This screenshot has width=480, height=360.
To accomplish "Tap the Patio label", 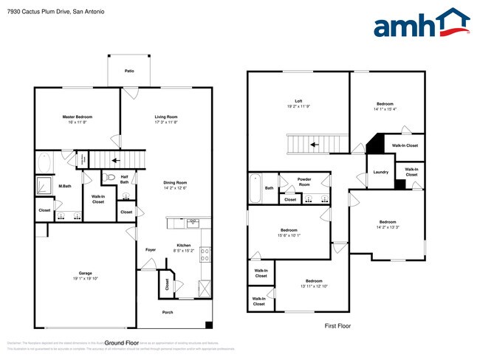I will (x=129, y=71).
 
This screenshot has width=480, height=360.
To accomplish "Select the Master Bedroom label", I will (x=77, y=117).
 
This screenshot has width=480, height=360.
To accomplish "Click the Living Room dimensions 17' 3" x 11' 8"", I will (x=165, y=122).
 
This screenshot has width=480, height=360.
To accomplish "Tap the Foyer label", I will (x=151, y=249).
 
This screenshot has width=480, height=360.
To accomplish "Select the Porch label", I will (x=168, y=312).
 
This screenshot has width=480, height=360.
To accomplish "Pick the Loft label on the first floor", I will (x=298, y=101).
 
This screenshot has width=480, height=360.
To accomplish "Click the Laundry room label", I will (x=380, y=172).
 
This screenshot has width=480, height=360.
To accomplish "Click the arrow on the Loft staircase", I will (x=314, y=145).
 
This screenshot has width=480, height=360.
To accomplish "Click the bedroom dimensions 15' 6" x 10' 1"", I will (x=289, y=235).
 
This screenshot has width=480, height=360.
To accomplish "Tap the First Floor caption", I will (x=337, y=325).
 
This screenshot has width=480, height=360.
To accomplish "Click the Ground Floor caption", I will (x=123, y=343).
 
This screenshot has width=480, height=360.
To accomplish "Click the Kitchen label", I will (x=184, y=246).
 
